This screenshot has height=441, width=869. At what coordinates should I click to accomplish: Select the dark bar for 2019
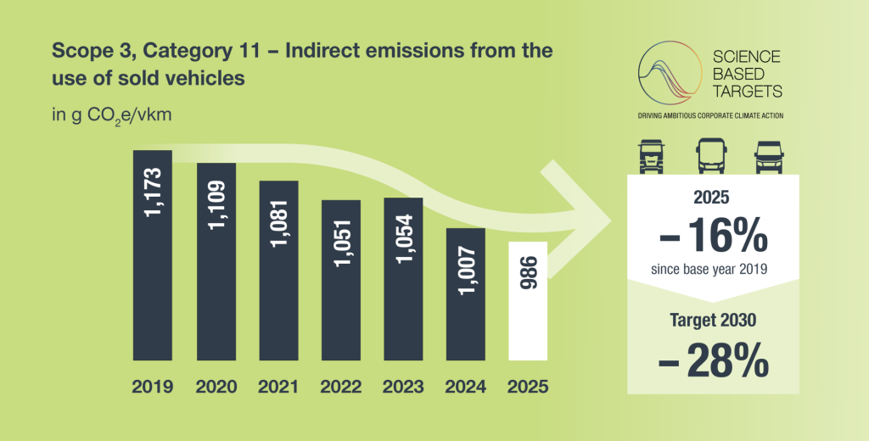coord(153,255)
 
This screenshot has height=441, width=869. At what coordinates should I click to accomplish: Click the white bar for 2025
coord(528,301)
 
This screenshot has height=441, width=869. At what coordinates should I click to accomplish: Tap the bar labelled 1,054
coord(403,279)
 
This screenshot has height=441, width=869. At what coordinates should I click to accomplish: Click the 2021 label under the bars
coord(278,387)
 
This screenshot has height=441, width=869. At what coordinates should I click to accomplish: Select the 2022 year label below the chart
coord(341,387)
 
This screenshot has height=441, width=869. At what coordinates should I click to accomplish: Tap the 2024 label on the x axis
coord(466,387)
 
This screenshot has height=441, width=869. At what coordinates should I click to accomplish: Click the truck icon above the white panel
coord(651,156)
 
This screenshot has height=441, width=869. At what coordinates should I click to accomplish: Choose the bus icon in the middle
coord(712,156)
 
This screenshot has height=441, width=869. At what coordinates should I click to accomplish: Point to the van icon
coord(769,158)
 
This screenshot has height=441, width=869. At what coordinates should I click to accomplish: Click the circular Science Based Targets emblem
coord(670,73)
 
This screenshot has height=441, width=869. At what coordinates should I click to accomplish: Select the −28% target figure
coord(713,360)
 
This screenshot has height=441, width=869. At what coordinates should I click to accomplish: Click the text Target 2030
coord(713,321)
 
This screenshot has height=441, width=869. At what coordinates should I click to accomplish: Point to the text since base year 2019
coord(709,270)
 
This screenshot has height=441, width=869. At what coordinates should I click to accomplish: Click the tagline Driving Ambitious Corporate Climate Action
coord(710,116)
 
